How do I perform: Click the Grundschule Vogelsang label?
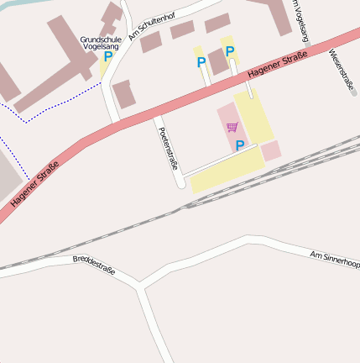100,43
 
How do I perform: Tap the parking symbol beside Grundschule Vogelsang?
108,57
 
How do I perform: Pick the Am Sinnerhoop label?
334,259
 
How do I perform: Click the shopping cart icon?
232,127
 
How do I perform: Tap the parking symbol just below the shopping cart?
239,145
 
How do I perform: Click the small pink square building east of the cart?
270,151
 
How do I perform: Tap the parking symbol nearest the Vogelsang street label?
229,50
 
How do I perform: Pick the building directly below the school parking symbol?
124,94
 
